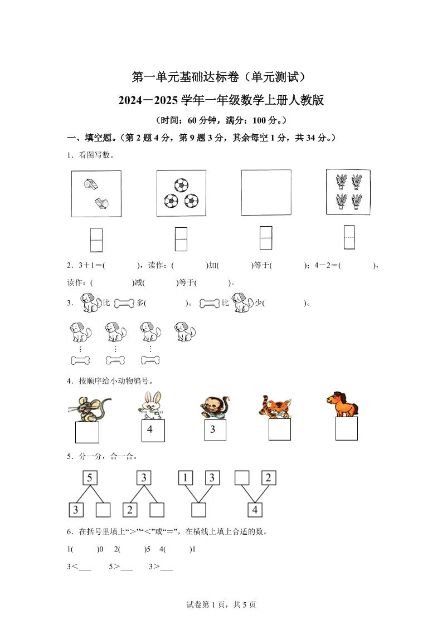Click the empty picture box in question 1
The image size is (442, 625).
click(266, 192)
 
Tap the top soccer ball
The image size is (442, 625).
click(182, 184)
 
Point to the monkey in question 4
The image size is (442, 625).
click(212, 408)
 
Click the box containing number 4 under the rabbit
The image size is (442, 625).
click(153, 431)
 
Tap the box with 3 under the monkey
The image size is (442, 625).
click(215, 431)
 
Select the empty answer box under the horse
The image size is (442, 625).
click(346, 429)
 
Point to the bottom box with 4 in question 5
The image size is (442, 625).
click(255, 509)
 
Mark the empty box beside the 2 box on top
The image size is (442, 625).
click(241, 477)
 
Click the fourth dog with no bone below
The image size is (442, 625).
click(184, 332)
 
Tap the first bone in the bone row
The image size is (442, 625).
click(80, 360)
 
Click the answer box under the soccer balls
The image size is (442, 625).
click(181, 239)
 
